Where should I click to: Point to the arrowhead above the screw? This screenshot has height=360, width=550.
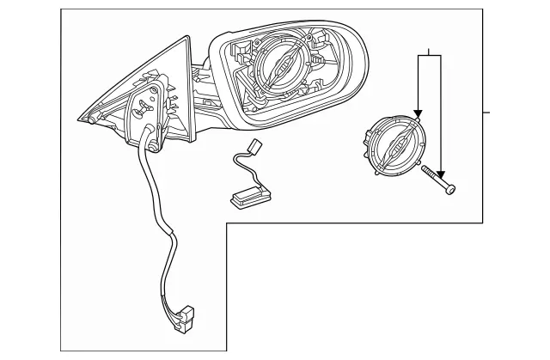(x=439, y=168)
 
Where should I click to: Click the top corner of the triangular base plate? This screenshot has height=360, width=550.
(x=186, y=36)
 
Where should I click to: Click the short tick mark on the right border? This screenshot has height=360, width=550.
(x=486, y=113)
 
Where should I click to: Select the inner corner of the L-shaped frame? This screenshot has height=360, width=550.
(x=227, y=223)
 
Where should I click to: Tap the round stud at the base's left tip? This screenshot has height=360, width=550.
(x=91, y=120)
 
